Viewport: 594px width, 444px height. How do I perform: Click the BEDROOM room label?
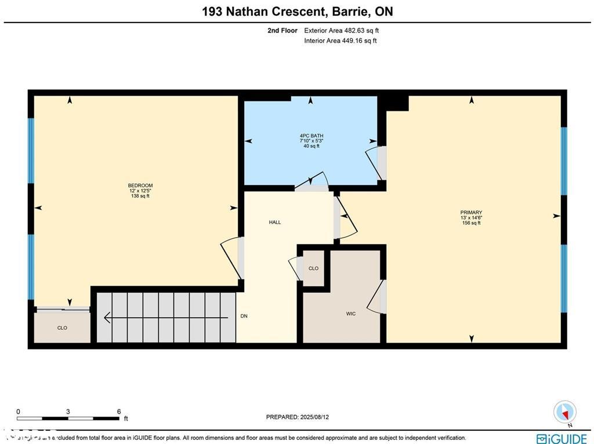pyautogui.click(x=140, y=185)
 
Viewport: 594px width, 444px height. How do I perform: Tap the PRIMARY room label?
pyautogui.click(x=471, y=213)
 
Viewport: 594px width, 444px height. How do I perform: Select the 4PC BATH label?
pyautogui.click(x=312, y=136)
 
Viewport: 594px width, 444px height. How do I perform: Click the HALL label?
pyautogui.click(x=275, y=222)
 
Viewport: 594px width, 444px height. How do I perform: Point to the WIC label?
pyautogui.click(x=351, y=314)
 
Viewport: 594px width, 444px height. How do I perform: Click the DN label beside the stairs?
pyautogui.click(x=244, y=316)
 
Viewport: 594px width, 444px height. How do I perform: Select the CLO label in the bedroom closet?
pyautogui.click(x=62, y=328)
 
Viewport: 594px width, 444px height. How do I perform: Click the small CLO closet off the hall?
pyautogui.click(x=313, y=268)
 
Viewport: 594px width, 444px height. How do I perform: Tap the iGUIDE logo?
pyautogui.click(x=562, y=439)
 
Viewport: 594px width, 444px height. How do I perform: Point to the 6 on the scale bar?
pyautogui.click(x=119, y=412)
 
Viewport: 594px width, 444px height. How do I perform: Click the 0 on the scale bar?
pyautogui.click(x=18, y=412)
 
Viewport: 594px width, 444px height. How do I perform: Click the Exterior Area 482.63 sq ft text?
pyautogui.click(x=342, y=30)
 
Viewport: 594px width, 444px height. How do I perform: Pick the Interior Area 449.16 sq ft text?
pyautogui.click(x=341, y=41)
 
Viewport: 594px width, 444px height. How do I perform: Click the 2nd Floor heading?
pyautogui.click(x=282, y=30)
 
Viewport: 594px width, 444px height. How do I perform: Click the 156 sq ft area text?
pyautogui.click(x=471, y=223)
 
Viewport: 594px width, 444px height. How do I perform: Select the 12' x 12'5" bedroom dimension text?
pyautogui.click(x=140, y=191)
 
